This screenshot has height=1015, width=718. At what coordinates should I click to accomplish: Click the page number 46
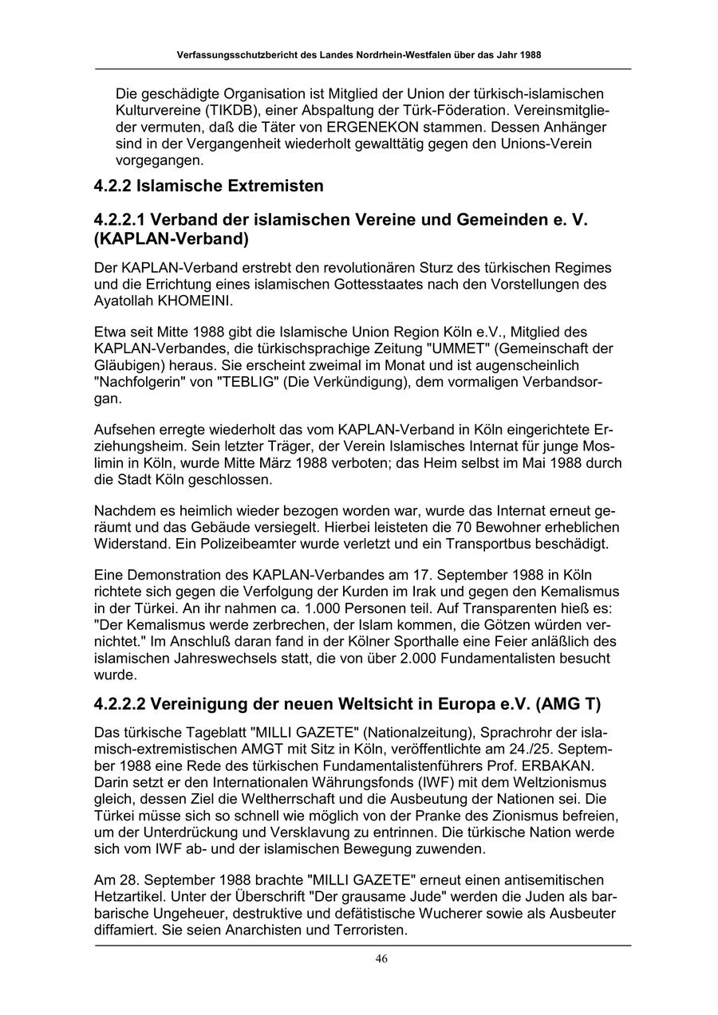pyautogui.click(x=381, y=959)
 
